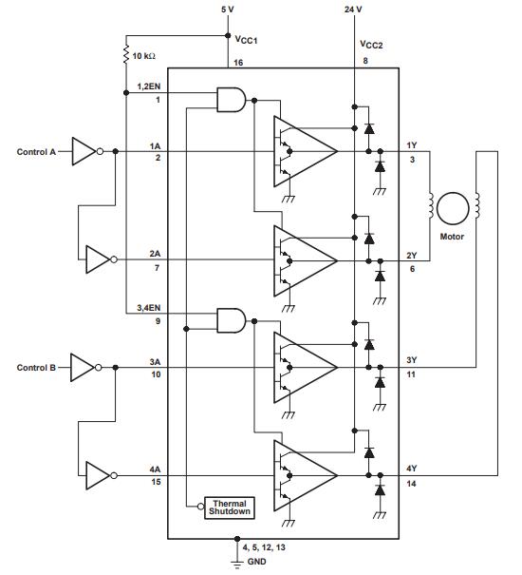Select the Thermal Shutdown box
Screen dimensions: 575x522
[230, 508]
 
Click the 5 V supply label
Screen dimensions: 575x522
[227, 10]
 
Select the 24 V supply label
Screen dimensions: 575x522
[352, 10]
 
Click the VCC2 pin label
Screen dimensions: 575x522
[372, 44]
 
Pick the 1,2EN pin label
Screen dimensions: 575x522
[149, 86]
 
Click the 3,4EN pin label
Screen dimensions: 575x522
[149, 309]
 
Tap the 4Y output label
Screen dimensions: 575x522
[411, 467]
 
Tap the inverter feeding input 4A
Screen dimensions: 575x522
[98, 473]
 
